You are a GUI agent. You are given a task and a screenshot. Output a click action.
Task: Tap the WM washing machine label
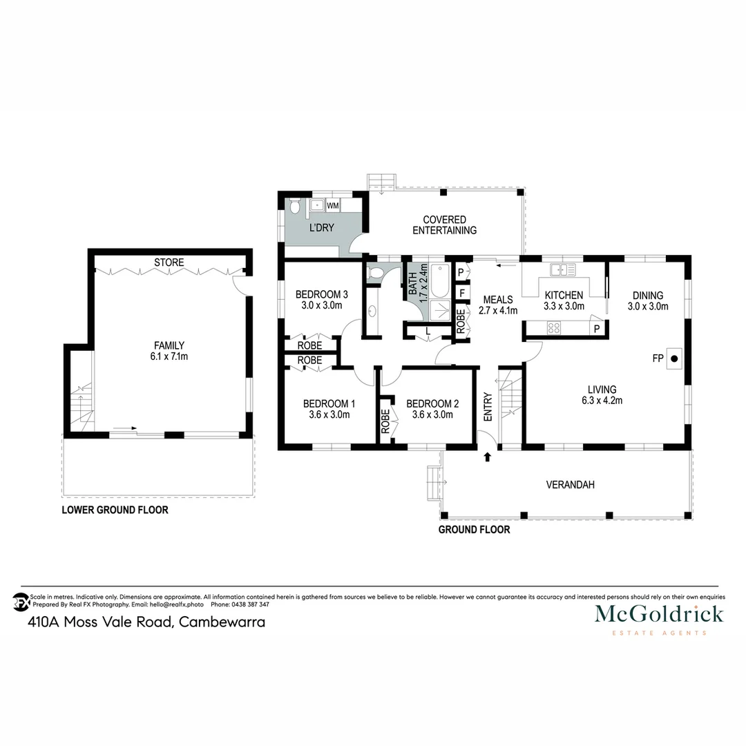(x=332, y=205)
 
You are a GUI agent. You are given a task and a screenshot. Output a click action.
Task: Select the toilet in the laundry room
(x=295, y=206)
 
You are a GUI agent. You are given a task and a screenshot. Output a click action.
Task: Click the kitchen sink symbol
(x=562, y=269)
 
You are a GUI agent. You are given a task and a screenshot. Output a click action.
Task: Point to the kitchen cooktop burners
(x=554, y=329)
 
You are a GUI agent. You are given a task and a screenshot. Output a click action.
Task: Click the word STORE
(x=169, y=262)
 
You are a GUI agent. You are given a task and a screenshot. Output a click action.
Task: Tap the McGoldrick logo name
(x=659, y=613)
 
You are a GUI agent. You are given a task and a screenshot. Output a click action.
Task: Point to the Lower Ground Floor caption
(x=115, y=510)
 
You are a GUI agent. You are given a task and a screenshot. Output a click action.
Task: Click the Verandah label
(x=570, y=485)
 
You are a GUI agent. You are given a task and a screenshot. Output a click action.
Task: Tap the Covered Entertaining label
(x=444, y=225)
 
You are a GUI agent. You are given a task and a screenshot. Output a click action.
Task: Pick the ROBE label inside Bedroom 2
(x=385, y=421)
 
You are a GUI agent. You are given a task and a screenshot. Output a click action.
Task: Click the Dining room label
(x=648, y=295)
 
